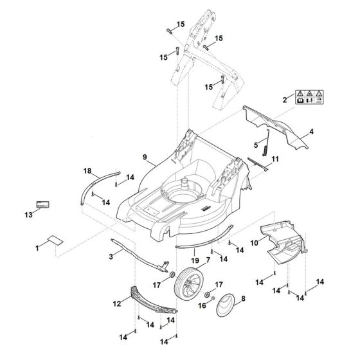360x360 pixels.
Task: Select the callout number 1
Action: point(37,246)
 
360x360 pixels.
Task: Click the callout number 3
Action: point(111,257)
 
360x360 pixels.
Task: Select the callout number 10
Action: point(254,242)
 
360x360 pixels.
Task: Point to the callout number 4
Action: point(312,131)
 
